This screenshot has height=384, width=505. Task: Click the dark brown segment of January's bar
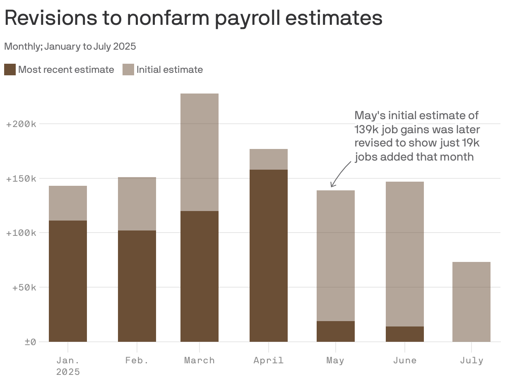point(68,281)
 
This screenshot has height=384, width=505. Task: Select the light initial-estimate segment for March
point(200,152)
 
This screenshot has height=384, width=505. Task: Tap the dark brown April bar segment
point(269,255)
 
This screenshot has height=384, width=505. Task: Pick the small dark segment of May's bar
point(336,331)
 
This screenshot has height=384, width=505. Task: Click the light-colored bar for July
point(471,302)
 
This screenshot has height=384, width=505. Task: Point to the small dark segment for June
point(405,334)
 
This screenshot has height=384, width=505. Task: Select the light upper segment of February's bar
point(137,204)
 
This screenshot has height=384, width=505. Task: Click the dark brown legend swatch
point(10,70)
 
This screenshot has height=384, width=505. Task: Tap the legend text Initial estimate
point(170,70)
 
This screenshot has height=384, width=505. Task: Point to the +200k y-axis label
point(22,124)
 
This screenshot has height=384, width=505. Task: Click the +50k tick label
point(24,288)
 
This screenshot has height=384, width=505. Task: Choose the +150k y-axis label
point(22,179)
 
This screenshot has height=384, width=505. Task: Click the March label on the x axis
point(200,360)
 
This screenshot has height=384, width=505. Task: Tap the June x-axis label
point(405,360)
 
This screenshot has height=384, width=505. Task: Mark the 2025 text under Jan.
point(68,372)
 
